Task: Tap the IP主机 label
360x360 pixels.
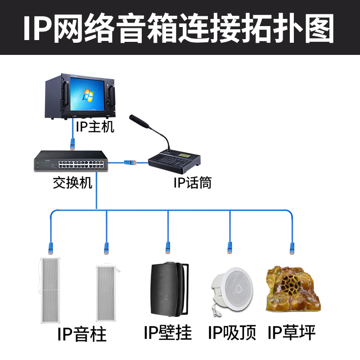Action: [x=95, y=126]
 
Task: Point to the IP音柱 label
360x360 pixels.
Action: [x=82, y=334]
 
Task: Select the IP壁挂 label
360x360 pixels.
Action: [x=168, y=333]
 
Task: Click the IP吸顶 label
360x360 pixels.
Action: [x=232, y=333]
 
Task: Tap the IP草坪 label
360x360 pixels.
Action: [x=292, y=333]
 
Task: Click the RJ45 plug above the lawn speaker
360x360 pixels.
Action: [x=291, y=247]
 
